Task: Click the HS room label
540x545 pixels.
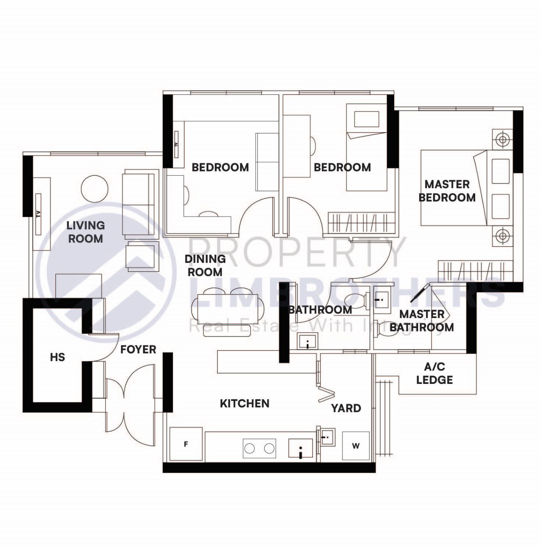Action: (x=57, y=357)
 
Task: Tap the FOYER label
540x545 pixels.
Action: (x=138, y=350)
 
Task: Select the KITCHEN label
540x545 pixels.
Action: (x=245, y=404)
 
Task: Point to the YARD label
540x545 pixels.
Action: (x=346, y=408)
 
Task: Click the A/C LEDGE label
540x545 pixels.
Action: (x=434, y=373)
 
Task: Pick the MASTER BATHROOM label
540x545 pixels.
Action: (x=422, y=321)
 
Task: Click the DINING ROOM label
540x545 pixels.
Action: (x=205, y=266)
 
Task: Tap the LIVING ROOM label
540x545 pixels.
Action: (x=85, y=232)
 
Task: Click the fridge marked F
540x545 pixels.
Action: (x=186, y=444)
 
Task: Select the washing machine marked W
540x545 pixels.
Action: (x=356, y=446)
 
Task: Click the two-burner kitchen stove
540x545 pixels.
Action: (x=259, y=448)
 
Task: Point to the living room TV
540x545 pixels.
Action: (x=38, y=214)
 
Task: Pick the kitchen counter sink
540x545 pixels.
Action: (x=300, y=449)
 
